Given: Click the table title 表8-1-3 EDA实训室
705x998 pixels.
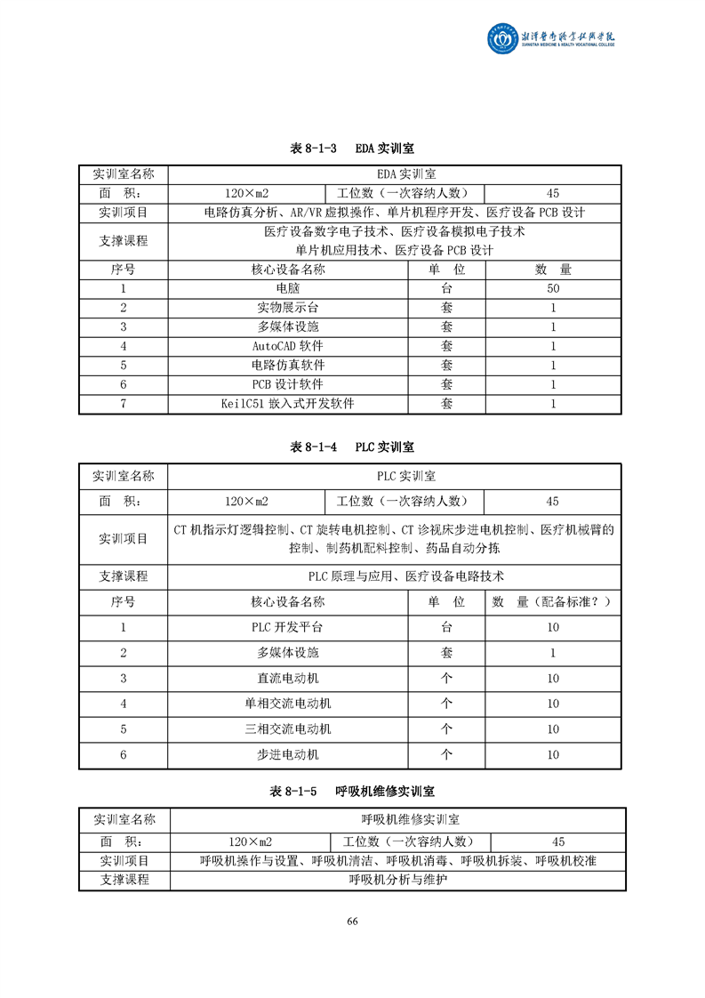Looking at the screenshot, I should (352, 149).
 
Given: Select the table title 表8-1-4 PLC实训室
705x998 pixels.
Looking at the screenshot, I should (352, 447).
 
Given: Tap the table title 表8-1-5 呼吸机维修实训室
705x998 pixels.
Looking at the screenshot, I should (352, 791).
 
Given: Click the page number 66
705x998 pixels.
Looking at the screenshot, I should (352, 921).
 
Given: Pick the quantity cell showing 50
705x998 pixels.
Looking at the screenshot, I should (553, 288).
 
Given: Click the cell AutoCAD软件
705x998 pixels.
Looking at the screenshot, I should (287, 346).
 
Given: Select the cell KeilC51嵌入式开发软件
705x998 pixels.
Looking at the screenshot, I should (287, 404).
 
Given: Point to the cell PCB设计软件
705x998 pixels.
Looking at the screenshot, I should (287, 384).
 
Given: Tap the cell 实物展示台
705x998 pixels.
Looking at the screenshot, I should (287, 308).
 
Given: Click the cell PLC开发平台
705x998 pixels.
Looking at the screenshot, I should (287, 627).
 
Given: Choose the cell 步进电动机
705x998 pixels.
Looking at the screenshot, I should (287, 755).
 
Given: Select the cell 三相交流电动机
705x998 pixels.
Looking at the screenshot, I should (287, 729).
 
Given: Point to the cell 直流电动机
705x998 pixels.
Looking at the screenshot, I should (287, 679).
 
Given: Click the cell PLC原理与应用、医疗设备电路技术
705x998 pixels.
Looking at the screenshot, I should (394, 576).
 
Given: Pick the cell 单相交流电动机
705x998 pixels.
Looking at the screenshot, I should (287, 704).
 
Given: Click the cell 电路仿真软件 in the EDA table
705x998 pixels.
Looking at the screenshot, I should (287, 366).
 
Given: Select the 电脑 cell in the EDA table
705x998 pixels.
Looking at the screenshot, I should (287, 288).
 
